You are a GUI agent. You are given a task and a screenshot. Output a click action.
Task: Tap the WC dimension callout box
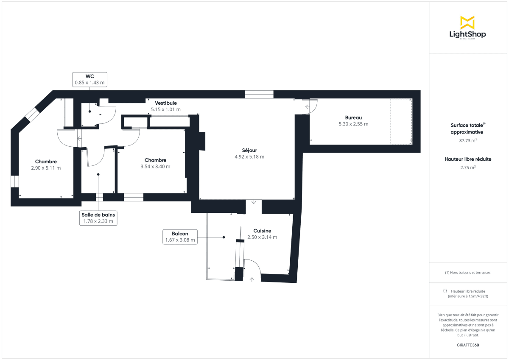click(89, 79)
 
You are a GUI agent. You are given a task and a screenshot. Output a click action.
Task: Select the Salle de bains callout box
click(98, 218)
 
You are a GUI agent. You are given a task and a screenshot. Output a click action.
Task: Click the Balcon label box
click(180, 237)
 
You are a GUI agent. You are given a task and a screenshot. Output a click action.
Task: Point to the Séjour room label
click(249, 150)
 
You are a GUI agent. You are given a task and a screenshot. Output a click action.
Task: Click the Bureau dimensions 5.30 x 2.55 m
click(353, 124)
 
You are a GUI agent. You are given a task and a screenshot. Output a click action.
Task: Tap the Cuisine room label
click(262, 231)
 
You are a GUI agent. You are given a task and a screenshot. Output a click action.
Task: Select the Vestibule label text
click(165, 103)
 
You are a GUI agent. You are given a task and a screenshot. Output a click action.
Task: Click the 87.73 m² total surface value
click(468, 140)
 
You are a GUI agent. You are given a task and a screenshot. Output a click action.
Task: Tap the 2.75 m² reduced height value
click(468, 167)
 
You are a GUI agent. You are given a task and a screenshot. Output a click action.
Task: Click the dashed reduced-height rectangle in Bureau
click(401, 122)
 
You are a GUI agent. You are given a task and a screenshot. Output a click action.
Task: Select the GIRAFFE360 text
click(468, 345)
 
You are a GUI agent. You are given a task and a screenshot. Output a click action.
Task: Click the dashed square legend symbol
click(445, 291)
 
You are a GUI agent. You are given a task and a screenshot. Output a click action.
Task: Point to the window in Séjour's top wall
click(259, 95)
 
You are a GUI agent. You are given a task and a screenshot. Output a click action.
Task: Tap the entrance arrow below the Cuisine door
click(252, 279)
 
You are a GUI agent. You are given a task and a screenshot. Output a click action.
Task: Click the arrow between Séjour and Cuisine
click(254, 202)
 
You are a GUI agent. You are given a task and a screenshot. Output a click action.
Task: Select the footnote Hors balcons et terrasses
click(468, 273)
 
